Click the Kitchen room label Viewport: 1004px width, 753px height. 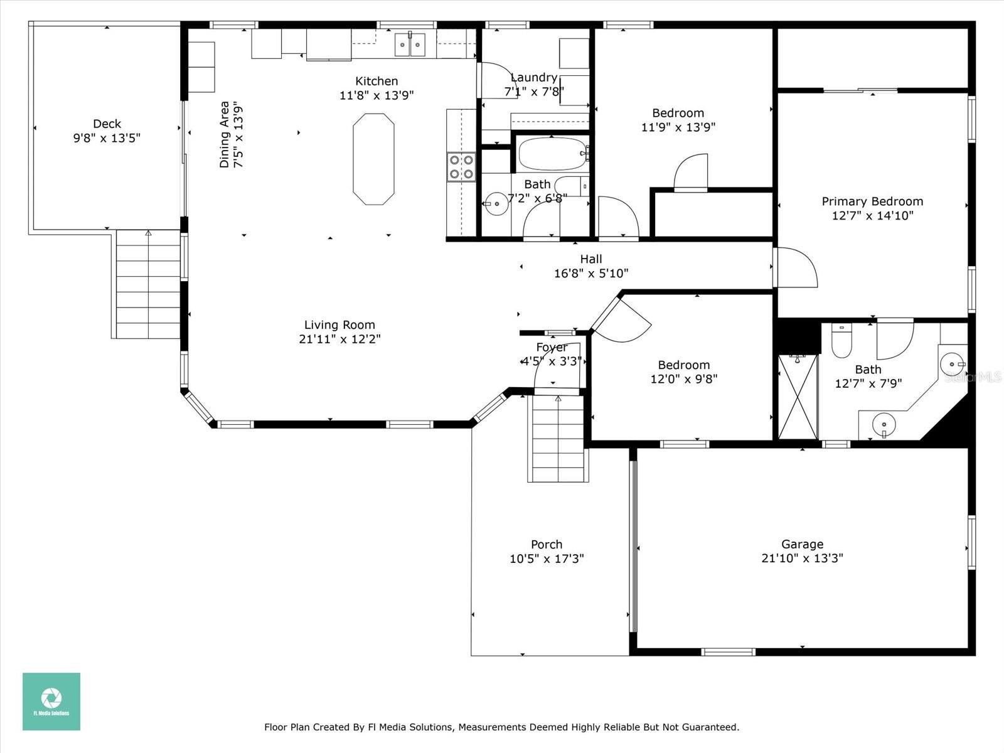point(376,81)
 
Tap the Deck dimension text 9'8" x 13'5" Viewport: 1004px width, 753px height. point(107,137)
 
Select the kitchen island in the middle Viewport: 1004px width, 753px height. point(374,159)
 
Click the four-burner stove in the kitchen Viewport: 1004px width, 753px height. point(461,167)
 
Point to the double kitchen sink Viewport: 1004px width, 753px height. point(410,45)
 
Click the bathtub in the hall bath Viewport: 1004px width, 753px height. point(552,154)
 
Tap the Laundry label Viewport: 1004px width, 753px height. point(534,77)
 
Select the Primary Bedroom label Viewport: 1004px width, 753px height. point(872,201)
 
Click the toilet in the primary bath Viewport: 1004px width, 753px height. point(841,341)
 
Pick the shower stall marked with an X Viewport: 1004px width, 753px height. point(798,397)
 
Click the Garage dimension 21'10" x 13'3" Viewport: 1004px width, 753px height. point(803,558)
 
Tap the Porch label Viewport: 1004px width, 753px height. point(547,545)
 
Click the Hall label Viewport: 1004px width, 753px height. point(591,259)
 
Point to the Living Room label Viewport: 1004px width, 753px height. point(339,324)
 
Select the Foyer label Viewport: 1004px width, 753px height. point(552,348)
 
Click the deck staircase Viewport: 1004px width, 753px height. point(147,284)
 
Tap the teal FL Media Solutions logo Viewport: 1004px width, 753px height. point(51,702)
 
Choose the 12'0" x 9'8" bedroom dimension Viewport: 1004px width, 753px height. point(684,379)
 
